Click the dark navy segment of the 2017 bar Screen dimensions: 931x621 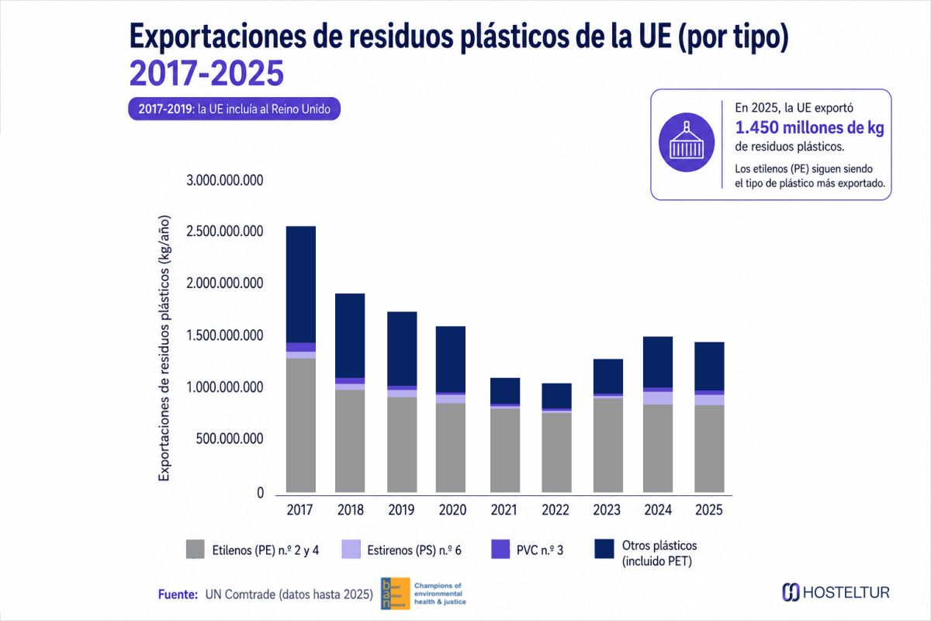[x=300, y=285]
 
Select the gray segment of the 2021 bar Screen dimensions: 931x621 [x=505, y=450]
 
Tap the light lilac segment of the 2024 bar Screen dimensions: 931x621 [x=658, y=398]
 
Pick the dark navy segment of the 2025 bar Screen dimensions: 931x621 [x=709, y=366]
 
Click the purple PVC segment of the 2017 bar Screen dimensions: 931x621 [x=300, y=347]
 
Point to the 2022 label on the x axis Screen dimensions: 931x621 [x=555, y=510]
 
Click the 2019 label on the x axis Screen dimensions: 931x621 [x=402, y=510]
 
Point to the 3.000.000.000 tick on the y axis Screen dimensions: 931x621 [x=225, y=180]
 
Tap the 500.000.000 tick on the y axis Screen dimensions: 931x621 [x=230, y=439]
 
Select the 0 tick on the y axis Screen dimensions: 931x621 [x=260, y=492]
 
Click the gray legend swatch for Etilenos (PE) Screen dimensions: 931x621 [x=195, y=549]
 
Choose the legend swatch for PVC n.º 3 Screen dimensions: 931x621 [x=500, y=549]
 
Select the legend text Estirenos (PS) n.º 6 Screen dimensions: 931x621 [x=414, y=550]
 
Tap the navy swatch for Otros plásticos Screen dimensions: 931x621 [x=604, y=549]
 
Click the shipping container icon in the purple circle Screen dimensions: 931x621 [x=687, y=142]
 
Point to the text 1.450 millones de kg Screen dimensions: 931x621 [x=810, y=128]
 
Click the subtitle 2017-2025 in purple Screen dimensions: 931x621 [x=206, y=73]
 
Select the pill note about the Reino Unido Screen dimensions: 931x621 [x=234, y=109]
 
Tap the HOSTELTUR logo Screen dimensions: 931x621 [x=836, y=592]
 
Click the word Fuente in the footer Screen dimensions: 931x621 [x=178, y=595]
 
